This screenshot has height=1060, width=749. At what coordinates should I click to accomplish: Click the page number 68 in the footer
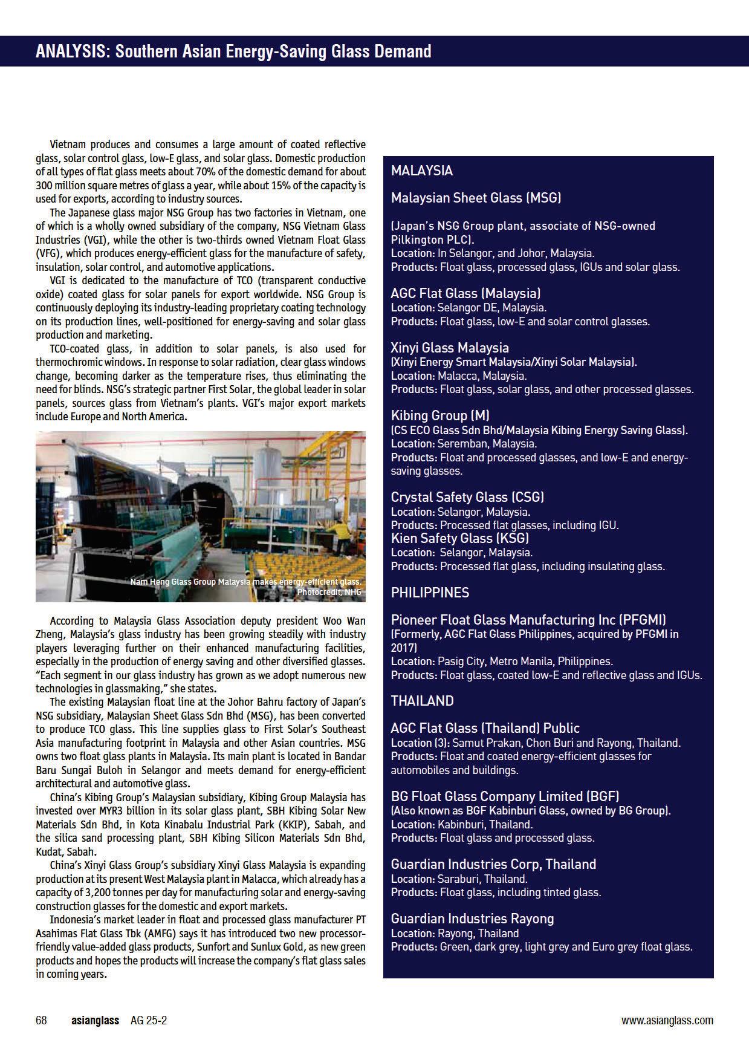pyautogui.click(x=41, y=1021)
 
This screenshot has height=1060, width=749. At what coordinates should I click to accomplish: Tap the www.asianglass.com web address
pyautogui.click(x=667, y=1021)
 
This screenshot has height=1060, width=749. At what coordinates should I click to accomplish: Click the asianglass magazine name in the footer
pyautogui.click(x=95, y=1021)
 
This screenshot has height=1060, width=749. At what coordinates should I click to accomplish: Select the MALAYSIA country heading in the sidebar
pyautogui.click(x=422, y=171)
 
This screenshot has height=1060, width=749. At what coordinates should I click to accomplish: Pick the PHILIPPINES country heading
pyautogui.click(x=430, y=593)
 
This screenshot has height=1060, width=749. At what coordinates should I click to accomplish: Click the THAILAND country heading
pyautogui.click(x=422, y=701)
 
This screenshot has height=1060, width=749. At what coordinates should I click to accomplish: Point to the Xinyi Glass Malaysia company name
pyautogui.click(x=450, y=348)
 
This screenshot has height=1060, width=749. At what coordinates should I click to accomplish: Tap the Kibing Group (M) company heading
pyautogui.click(x=440, y=415)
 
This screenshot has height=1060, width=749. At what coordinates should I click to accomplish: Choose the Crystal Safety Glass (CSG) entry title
pyautogui.click(x=467, y=497)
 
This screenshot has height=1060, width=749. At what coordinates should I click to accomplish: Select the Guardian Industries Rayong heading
pyautogui.click(x=472, y=919)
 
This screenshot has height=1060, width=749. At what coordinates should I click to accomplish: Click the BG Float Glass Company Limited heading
pyautogui.click(x=505, y=796)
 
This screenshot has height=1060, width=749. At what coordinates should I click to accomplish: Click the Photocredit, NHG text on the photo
pyautogui.click(x=329, y=592)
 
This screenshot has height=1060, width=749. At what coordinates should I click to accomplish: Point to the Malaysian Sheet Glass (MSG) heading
pyautogui.click(x=476, y=198)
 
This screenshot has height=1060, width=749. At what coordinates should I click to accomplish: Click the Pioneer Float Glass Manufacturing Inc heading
pyautogui.click(x=528, y=620)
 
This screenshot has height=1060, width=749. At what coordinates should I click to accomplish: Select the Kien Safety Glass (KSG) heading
pyautogui.click(x=459, y=538)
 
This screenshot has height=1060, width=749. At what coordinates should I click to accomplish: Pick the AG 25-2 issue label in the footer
pyautogui.click(x=149, y=1021)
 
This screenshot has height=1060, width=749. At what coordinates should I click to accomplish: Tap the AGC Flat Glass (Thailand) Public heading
pyautogui.click(x=485, y=728)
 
